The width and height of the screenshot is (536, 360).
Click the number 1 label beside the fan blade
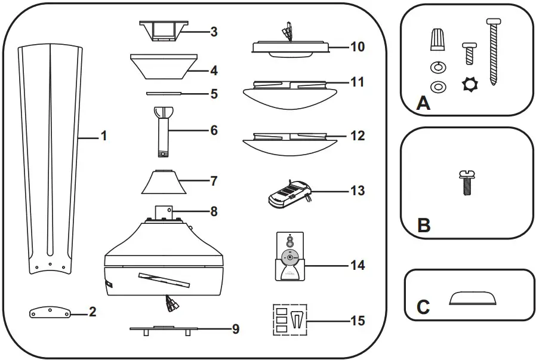[103, 136]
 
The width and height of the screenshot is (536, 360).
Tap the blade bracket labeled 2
[50, 312]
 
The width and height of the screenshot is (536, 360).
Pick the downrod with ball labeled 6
[164, 130]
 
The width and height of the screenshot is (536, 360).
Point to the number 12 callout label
[357, 136]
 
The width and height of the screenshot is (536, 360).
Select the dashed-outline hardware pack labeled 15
[289, 321]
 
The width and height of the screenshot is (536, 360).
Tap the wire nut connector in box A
[437, 42]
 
